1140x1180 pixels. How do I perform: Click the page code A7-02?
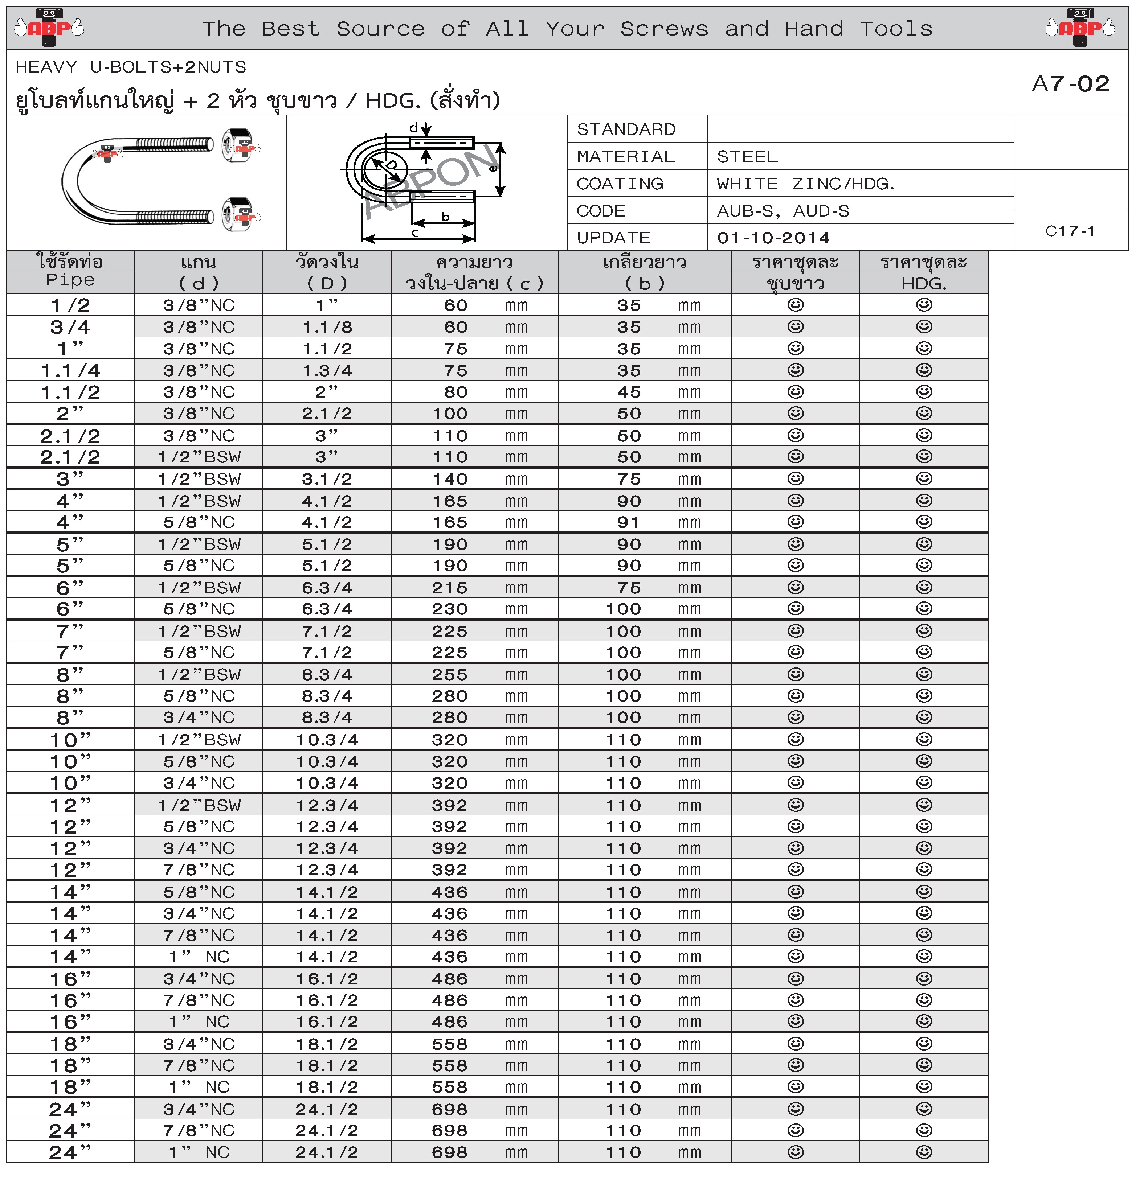click(x=1070, y=84)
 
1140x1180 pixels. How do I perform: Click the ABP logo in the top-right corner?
click(x=1080, y=27)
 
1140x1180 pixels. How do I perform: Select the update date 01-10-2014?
click(x=773, y=238)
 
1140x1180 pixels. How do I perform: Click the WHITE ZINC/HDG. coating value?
click(x=806, y=184)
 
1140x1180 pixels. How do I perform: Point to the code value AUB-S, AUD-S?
click(x=783, y=211)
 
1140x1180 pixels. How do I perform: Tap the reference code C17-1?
click(x=1070, y=231)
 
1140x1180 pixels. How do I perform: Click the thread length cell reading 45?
click(x=629, y=392)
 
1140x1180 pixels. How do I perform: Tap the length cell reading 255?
click(x=449, y=674)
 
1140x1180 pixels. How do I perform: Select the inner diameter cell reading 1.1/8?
click(x=327, y=327)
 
